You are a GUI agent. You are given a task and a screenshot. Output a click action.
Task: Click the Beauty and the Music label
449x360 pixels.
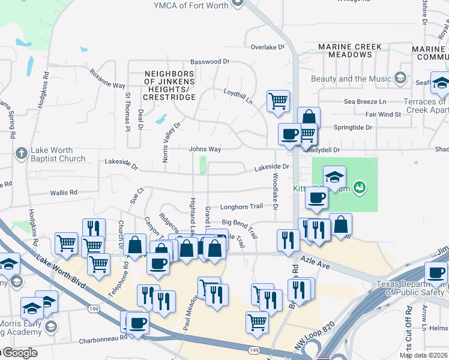tap(357, 79)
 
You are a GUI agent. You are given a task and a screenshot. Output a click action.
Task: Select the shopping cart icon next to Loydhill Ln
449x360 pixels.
tap(278, 101)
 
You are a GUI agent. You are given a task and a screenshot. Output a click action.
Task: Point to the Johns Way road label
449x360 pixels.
tap(205, 149)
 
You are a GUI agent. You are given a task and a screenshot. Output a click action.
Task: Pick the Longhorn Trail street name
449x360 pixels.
tap(241, 206)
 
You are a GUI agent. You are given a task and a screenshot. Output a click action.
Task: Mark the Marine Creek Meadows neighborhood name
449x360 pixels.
tap(354, 50)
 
